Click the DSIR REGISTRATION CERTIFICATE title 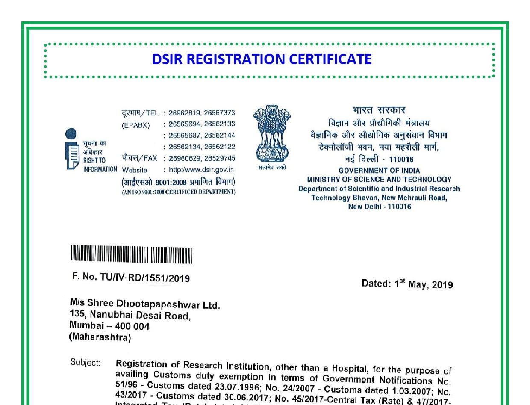coord(262,59)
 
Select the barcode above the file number coord(131,255)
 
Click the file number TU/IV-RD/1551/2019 coord(145,278)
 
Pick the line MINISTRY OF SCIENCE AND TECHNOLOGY coord(379,180)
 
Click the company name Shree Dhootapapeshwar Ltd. coord(154,304)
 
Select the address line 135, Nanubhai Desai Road coord(130,316)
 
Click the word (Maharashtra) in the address coord(100,337)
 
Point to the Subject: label coord(85,363)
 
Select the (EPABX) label coord(135,124)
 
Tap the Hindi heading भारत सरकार coord(379,110)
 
